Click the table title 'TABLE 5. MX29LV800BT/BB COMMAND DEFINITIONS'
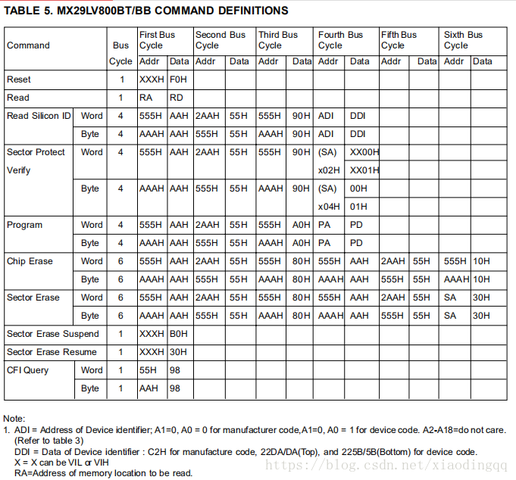146,11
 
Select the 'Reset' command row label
19,79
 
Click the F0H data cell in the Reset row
179,79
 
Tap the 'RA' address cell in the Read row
146,98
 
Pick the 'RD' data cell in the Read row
177,98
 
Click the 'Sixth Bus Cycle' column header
463,39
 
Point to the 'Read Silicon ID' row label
39,116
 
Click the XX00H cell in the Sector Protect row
364,152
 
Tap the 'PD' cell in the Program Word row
356,225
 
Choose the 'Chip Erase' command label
30,261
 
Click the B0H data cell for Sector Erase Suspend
179,334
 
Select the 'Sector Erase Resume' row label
52,352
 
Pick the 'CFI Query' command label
27,370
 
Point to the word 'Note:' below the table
14,419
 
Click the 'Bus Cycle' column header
120,53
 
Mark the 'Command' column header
28,45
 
